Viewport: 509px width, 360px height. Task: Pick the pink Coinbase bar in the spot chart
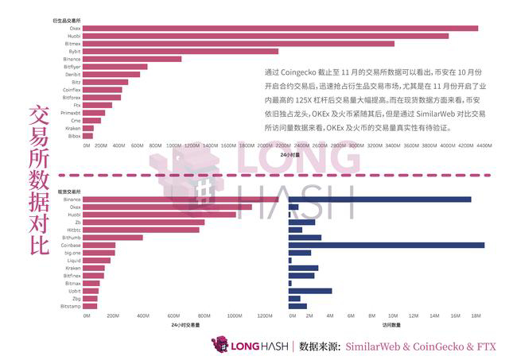coord(99,245)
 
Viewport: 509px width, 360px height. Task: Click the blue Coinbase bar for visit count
coord(387,245)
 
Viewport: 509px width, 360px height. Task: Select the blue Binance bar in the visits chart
coord(380,199)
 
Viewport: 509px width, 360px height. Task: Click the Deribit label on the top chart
coord(72,74)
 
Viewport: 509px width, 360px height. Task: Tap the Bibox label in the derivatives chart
coord(74,136)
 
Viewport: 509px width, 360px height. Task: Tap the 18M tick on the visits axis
coord(476,315)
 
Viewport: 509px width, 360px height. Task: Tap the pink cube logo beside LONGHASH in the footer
coord(219,345)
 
